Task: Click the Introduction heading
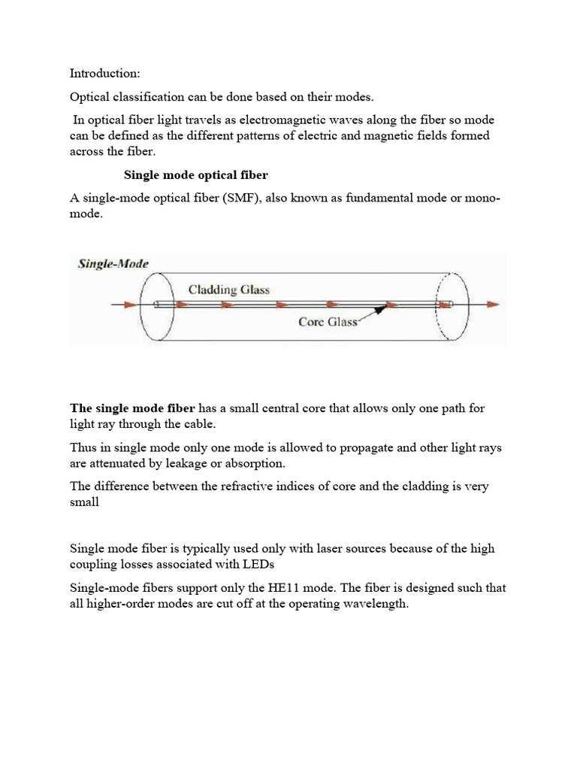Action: pos(104,74)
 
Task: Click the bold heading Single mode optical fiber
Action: pos(195,174)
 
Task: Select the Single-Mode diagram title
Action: pos(113,264)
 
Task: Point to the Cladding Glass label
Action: pos(229,289)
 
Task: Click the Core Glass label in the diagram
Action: pos(328,322)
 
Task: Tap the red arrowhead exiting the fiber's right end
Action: pos(492,305)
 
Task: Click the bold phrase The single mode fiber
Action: pos(132,408)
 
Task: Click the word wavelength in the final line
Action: pos(374,603)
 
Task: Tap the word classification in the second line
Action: pos(147,98)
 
